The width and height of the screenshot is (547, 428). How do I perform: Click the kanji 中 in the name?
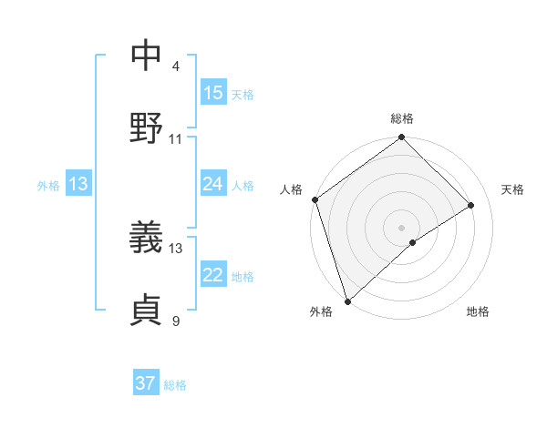point(146,56)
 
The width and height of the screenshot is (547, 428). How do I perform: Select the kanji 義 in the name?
point(146,239)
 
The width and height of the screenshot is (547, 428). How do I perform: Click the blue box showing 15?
point(213,93)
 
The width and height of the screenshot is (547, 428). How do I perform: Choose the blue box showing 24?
point(213,184)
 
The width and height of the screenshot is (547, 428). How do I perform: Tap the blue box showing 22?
point(213,275)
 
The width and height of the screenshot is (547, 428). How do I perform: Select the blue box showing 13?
point(78,184)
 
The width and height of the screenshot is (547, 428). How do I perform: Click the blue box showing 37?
point(146,383)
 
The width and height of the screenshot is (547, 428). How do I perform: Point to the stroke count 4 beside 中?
point(176,66)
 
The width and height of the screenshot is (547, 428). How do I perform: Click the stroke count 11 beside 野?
point(176,139)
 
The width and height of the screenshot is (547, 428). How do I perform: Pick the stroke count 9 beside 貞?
point(176,321)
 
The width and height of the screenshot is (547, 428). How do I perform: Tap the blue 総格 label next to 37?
point(175,385)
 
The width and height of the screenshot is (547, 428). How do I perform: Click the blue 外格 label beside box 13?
point(48,186)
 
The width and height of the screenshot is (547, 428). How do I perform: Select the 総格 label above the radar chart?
point(402,118)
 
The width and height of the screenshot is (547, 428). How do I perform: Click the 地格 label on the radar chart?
point(478,311)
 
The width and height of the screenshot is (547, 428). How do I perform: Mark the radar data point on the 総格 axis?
point(401,138)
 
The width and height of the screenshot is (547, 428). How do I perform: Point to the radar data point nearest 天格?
point(471,205)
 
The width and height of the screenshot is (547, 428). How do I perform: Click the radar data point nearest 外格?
point(347,301)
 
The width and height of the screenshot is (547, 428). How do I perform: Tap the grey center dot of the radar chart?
point(401,227)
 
